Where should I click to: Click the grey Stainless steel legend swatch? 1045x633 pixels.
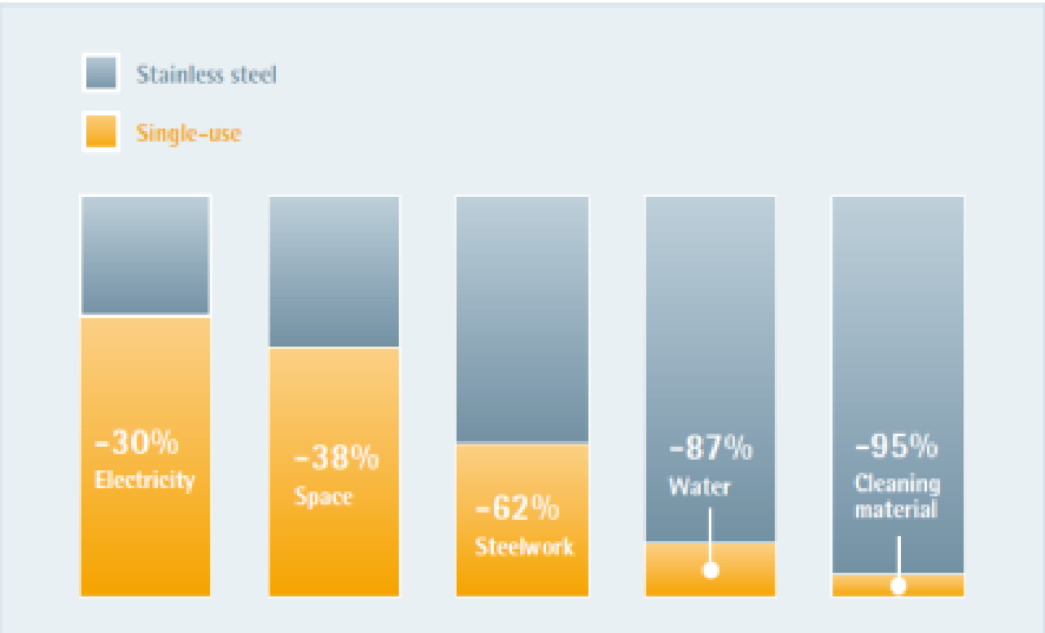pos(101,73)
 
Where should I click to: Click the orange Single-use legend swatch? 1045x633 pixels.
pos(101,131)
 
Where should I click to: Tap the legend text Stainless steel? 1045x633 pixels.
pos(207,75)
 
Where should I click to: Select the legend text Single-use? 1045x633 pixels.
pos(189,133)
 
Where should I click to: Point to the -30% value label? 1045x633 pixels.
pos(137,444)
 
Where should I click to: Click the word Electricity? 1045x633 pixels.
pos(145,479)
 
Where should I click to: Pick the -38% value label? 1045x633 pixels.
pos(336,458)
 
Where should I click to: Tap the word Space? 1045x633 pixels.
pos(323,495)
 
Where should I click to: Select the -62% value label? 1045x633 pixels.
pos(517,509)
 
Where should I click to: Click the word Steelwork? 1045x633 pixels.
pos(524,545)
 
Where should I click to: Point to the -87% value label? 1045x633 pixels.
pos(711,447)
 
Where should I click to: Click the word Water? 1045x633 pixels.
pos(700,486)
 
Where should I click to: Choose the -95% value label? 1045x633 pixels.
pos(896,446)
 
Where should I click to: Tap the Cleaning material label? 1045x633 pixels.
pos(896,496)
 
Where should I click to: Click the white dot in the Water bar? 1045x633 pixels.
pos(711,570)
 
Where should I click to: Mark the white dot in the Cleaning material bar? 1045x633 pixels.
pos(899,586)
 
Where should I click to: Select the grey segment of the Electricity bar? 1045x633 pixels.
pos(145,255)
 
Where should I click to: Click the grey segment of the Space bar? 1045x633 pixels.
pos(334,271)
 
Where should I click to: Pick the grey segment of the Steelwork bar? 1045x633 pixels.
pos(522,319)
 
